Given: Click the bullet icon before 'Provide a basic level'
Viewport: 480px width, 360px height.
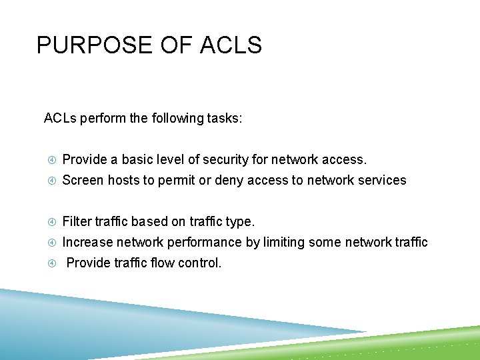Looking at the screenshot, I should [x=52, y=160].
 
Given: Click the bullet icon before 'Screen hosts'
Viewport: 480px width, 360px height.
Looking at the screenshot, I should [x=52, y=181].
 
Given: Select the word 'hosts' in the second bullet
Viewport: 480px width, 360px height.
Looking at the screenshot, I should [x=123, y=181].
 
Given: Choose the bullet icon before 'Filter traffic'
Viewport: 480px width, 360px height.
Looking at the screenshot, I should [x=52, y=221].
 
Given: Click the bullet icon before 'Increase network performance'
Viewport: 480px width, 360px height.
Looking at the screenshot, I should [x=52, y=242].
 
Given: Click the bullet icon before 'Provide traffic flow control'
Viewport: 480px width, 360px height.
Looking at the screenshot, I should [x=52, y=263].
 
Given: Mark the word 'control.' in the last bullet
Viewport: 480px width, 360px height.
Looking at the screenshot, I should [x=197, y=263].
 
